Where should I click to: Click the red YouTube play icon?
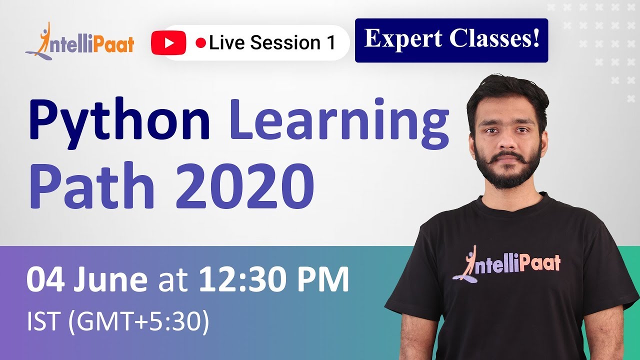pyautogui.click(x=168, y=43)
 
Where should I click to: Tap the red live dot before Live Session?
pyautogui.click(x=201, y=43)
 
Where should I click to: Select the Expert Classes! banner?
pyautogui.click(x=451, y=40)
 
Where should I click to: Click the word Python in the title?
pyautogui.click(x=118, y=120)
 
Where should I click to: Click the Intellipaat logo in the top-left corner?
pyautogui.click(x=80, y=41)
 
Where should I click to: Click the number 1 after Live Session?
pyautogui.click(x=330, y=43)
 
